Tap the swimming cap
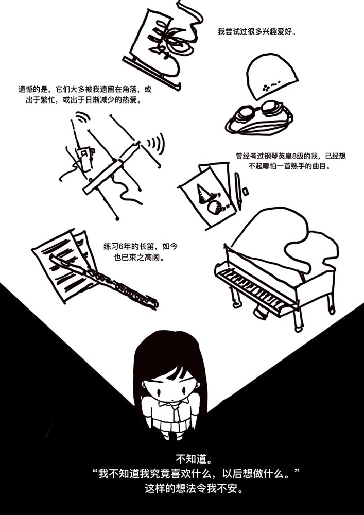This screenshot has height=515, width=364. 272,76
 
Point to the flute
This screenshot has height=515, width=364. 104,282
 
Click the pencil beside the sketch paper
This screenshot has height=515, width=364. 238,191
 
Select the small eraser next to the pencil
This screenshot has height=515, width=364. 245,191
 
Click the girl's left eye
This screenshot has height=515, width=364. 184,391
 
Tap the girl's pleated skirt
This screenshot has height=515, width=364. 171,425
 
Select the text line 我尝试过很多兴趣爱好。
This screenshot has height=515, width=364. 255,32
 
